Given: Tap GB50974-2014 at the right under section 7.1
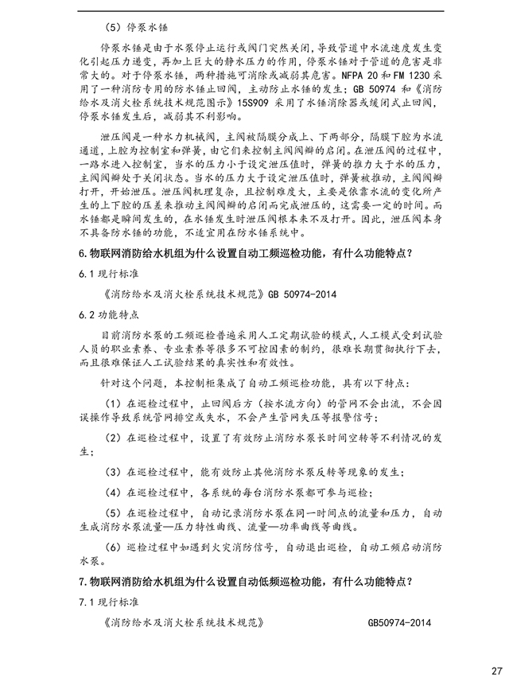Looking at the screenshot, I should click(399, 622).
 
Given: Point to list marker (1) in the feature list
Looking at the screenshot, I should click(112, 403).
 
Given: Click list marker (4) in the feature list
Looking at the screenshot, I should click(112, 493).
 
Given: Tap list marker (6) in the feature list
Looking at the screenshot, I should click(112, 547).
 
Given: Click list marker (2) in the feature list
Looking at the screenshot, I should click(112, 438).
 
